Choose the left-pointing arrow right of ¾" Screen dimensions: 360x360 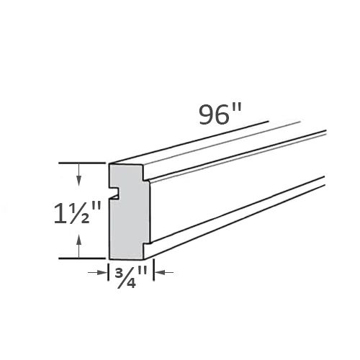[x=160, y=273]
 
